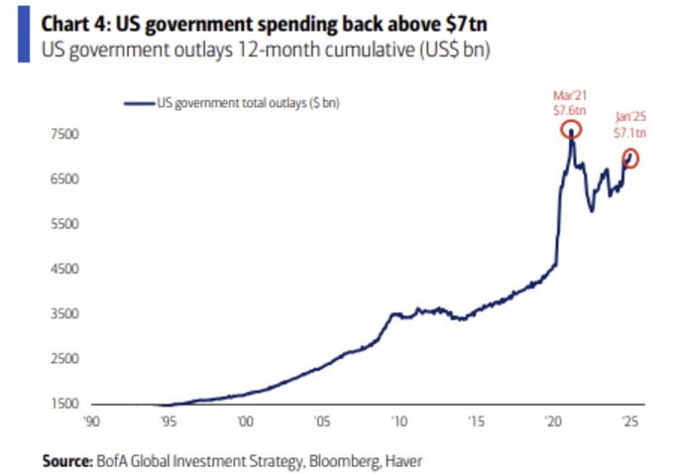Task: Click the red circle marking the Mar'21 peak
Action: click(x=571, y=130)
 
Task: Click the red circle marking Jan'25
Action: click(x=630, y=158)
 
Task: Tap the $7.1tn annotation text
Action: click(x=628, y=134)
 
